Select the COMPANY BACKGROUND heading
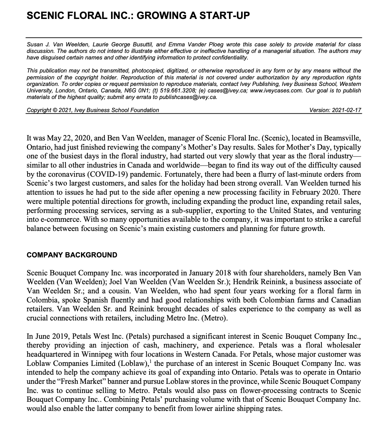72,255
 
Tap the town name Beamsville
343,138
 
